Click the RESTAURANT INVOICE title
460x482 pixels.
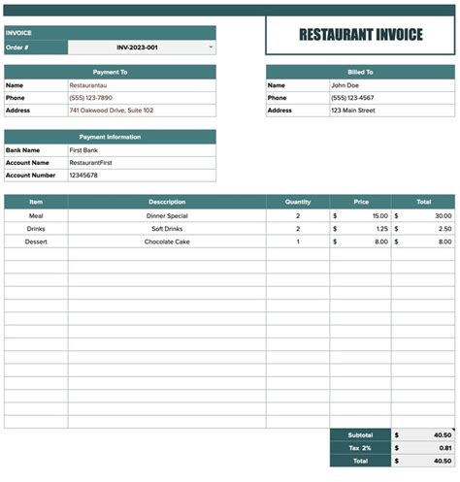click(x=360, y=35)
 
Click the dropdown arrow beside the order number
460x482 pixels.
click(x=211, y=47)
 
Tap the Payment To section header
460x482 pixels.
click(x=110, y=72)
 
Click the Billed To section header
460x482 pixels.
click(x=360, y=72)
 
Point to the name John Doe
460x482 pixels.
click(x=345, y=85)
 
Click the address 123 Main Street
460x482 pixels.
click(x=352, y=111)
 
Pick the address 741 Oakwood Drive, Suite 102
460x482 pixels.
click(x=111, y=111)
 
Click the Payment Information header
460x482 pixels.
click(x=110, y=137)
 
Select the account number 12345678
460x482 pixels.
click(x=83, y=176)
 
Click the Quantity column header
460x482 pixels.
click(x=298, y=202)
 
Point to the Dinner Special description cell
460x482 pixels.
click(x=167, y=215)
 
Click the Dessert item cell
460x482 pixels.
click(x=36, y=241)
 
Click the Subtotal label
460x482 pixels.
click(x=360, y=434)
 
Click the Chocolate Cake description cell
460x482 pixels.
click(x=167, y=241)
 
